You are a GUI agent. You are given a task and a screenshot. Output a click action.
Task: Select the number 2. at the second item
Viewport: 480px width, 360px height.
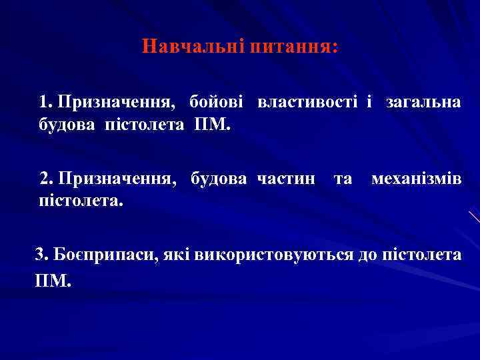pos(47,179)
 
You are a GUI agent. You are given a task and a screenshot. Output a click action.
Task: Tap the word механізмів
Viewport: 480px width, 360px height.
pos(415,179)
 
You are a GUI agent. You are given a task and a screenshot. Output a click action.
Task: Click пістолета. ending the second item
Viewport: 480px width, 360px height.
pos(82,200)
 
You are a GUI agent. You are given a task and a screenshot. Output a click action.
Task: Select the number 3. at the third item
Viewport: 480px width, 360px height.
pos(41,255)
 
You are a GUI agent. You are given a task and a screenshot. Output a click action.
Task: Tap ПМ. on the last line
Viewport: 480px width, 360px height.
pos(51,281)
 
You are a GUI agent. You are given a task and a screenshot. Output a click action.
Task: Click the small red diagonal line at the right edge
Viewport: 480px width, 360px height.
pos(474,217)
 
